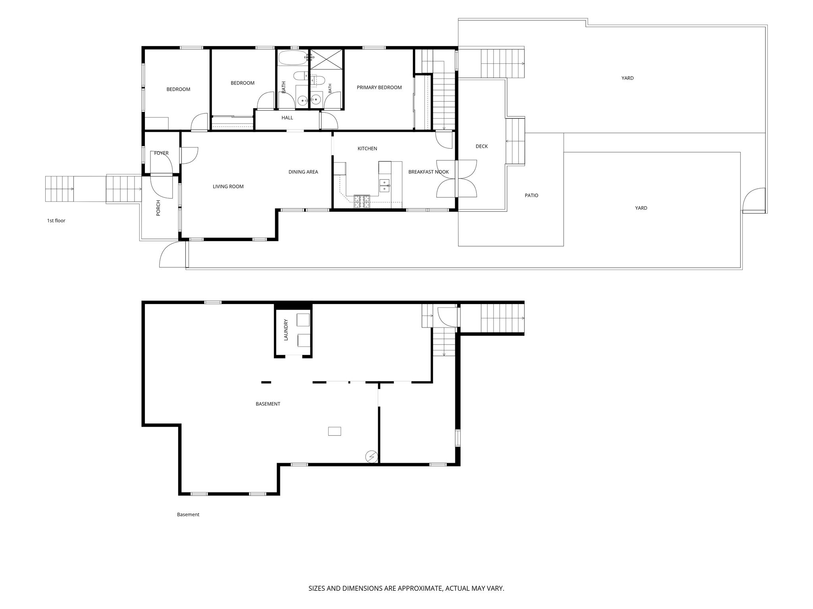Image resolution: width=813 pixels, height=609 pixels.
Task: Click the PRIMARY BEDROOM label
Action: (x=379, y=88)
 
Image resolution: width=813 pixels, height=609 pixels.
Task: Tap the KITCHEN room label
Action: (x=367, y=149)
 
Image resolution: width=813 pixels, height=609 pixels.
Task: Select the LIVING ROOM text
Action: (x=228, y=187)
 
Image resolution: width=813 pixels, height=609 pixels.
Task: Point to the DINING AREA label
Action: (x=303, y=172)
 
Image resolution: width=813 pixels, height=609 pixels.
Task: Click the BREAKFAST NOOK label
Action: (x=429, y=172)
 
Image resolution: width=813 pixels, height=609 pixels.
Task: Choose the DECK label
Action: (x=482, y=147)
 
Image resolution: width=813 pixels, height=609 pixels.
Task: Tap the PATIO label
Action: (x=532, y=196)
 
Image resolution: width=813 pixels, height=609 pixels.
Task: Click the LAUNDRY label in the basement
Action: (x=286, y=330)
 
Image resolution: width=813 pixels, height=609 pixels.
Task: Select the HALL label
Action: (x=287, y=118)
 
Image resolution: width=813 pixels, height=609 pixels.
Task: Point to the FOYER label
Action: (x=161, y=153)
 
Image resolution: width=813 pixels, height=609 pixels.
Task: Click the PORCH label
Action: (x=158, y=208)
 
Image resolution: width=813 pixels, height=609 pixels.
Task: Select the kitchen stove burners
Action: (x=362, y=202)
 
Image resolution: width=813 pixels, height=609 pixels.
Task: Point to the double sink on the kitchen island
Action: (x=384, y=186)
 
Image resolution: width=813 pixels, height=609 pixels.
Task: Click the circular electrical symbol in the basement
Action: (x=371, y=457)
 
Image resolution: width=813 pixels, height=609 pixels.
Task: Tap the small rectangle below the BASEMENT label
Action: (x=335, y=431)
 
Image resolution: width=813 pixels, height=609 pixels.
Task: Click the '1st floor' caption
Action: (x=56, y=221)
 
